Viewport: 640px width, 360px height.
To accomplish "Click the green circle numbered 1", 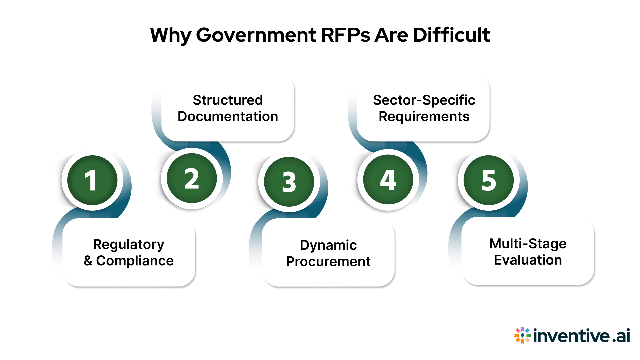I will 92,180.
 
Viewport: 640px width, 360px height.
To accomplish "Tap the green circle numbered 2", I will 192,178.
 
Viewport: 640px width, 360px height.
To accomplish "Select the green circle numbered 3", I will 289,182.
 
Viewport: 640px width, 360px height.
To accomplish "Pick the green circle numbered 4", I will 388,180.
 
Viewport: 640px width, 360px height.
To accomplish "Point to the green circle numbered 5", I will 489,180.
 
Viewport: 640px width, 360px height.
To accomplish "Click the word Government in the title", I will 256,35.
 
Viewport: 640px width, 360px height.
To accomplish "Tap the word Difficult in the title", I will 451,35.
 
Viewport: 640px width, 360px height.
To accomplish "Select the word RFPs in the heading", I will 345,35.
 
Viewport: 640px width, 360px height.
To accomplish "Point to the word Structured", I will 228,100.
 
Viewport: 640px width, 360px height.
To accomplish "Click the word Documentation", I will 228,117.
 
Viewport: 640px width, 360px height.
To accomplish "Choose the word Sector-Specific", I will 424,100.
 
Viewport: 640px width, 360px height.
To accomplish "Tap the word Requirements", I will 424,117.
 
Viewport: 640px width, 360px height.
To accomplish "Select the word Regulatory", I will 129,245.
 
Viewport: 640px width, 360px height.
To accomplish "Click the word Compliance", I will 135,261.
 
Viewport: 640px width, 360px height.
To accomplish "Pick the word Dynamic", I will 328,245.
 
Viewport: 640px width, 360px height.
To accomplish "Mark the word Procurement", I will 328,262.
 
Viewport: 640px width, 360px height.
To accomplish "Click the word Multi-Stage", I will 528,244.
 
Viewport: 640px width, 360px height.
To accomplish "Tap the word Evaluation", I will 528,260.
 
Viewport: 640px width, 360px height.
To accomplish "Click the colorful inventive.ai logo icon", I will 522,335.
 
